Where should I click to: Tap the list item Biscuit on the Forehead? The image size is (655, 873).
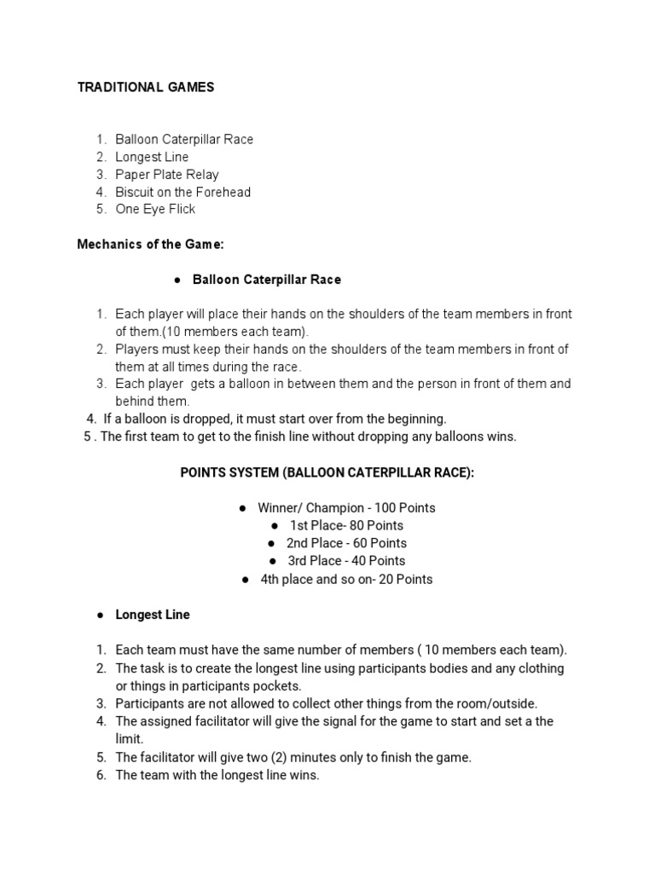[x=183, y=192]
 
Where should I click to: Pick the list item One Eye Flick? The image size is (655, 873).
[x=155, y=209]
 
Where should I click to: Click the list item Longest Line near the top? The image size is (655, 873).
[x=152, y=157]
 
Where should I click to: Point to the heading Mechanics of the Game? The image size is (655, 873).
[x=150, y=245]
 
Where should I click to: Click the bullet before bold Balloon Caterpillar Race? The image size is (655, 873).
[x=177, y=280]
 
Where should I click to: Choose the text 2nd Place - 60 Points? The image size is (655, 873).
[x=346, y=543]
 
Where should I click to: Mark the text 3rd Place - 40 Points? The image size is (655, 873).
[x=346, y=561]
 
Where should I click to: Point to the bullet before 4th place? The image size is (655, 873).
[x=245, y=580]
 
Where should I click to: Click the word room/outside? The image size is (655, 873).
[x=497, y=703]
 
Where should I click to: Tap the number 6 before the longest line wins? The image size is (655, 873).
[x=100, y=775]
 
